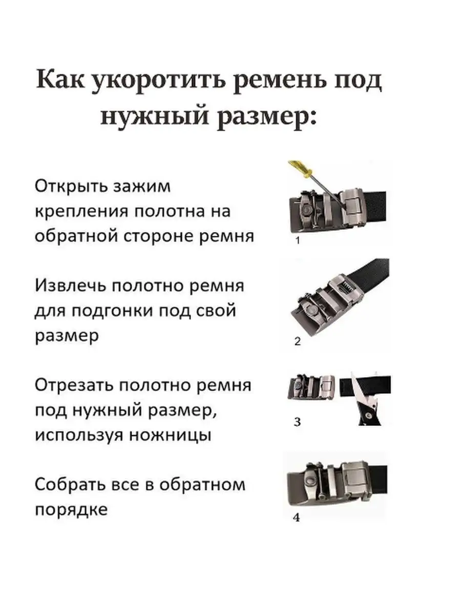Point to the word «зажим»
(142, 187)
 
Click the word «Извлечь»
(71, 286)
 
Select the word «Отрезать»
(74, 385)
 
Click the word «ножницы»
(171, 436)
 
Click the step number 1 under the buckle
(298, 240)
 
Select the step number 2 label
(297, 341)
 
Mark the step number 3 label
(297, 422)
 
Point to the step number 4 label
(297, 518)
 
